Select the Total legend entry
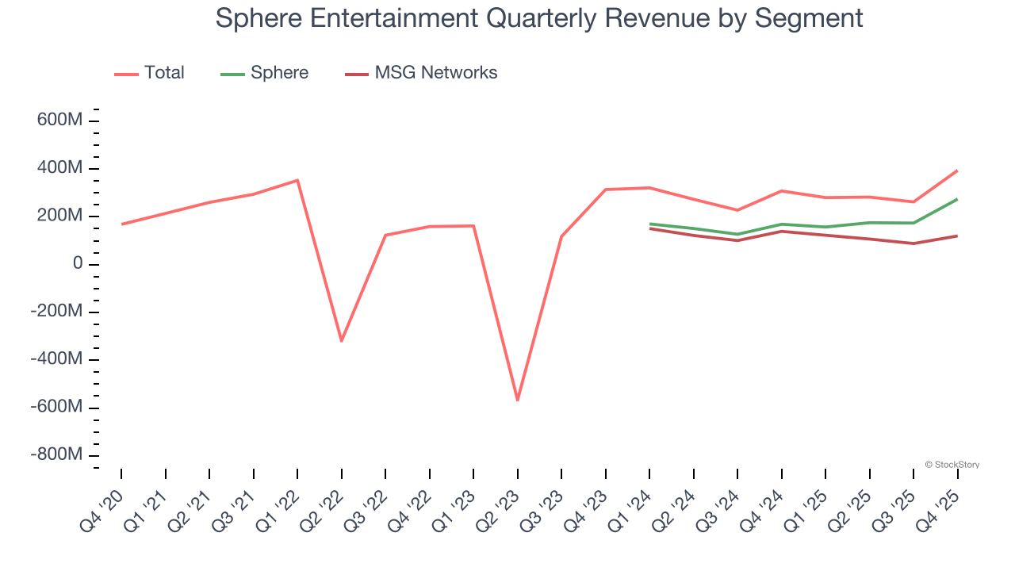pyautogui.click(x=163, y=73)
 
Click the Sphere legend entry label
pyautogui.click(x=279, y=73)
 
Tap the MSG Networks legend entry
pyautogui.click(x=435, y=73)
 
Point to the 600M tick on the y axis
pyautogui.click(x=60, y=121)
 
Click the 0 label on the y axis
pyautogui.click(x=78, y=263)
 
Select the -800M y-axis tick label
pyautogui.click(x=56, y=455)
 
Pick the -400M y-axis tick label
pyautogui.click(x=56, y=359)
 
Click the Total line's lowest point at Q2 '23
pyautogui.click(x=518, y=400)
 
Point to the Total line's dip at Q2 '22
pyautogui.click(x=342, y=341)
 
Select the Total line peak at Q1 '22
pyautogui.click(x=297, y=180)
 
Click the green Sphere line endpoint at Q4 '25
pyautogui.click(x=957, y=199)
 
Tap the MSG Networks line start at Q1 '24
pyautogui.click(x=650, y=228)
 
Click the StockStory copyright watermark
pyautogui.click(x=952, y=465)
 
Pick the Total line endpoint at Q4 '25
pyautogui.click(x=957, y=171)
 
